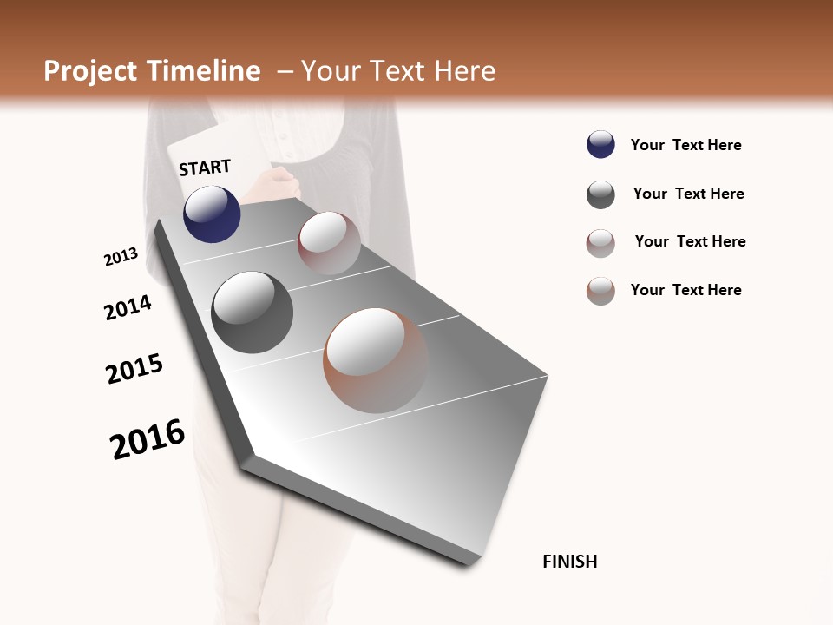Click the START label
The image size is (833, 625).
coord(205,168)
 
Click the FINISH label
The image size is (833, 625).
coord(569,562)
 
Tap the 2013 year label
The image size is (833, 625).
coord(121,257)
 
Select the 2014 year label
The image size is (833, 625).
coord(128,308)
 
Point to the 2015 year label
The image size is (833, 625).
coord(134,369)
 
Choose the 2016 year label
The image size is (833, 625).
coord(148,439)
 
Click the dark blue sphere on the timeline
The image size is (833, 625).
coord(212,214)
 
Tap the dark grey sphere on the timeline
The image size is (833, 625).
coord(253,312)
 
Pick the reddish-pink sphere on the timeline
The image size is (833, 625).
coord(329,243)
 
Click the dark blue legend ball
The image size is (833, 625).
coord(600,145)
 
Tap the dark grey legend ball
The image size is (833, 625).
coord(600,194)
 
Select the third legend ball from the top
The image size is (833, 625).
coord(600,243)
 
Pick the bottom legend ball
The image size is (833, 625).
coord(600,291)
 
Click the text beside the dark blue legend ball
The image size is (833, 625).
coord(685,146)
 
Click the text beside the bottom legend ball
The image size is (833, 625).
coord(685,290)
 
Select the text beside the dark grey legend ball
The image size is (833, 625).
coord(688,194)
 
